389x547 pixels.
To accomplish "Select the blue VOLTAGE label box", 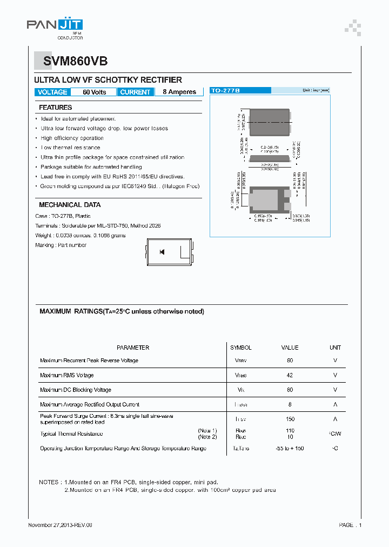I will (52, 92).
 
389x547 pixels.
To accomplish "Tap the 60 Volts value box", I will (94, 92).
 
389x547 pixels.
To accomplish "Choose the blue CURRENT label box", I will (135, 92).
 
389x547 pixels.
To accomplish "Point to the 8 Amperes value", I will (179, 92).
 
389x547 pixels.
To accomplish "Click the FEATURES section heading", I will (55, 108).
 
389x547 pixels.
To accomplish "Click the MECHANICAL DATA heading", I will (70, 205).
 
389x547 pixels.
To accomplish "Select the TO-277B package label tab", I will (225, 91).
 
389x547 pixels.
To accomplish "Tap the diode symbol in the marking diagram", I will (162, 252).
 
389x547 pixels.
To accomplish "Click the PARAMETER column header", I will (133, 348).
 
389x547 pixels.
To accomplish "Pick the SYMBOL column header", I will (241, 348).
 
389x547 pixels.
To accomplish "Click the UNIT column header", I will (335, 348).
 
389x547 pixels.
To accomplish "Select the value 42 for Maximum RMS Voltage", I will (290, 375).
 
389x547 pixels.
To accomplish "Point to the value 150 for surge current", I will (290, 419).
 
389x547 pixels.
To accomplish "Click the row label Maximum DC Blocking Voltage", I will (76, 390).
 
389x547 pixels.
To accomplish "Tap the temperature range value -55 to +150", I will (290, 449).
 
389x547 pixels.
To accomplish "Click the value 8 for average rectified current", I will (290, 404).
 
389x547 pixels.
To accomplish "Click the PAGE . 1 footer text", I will (350, 525).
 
